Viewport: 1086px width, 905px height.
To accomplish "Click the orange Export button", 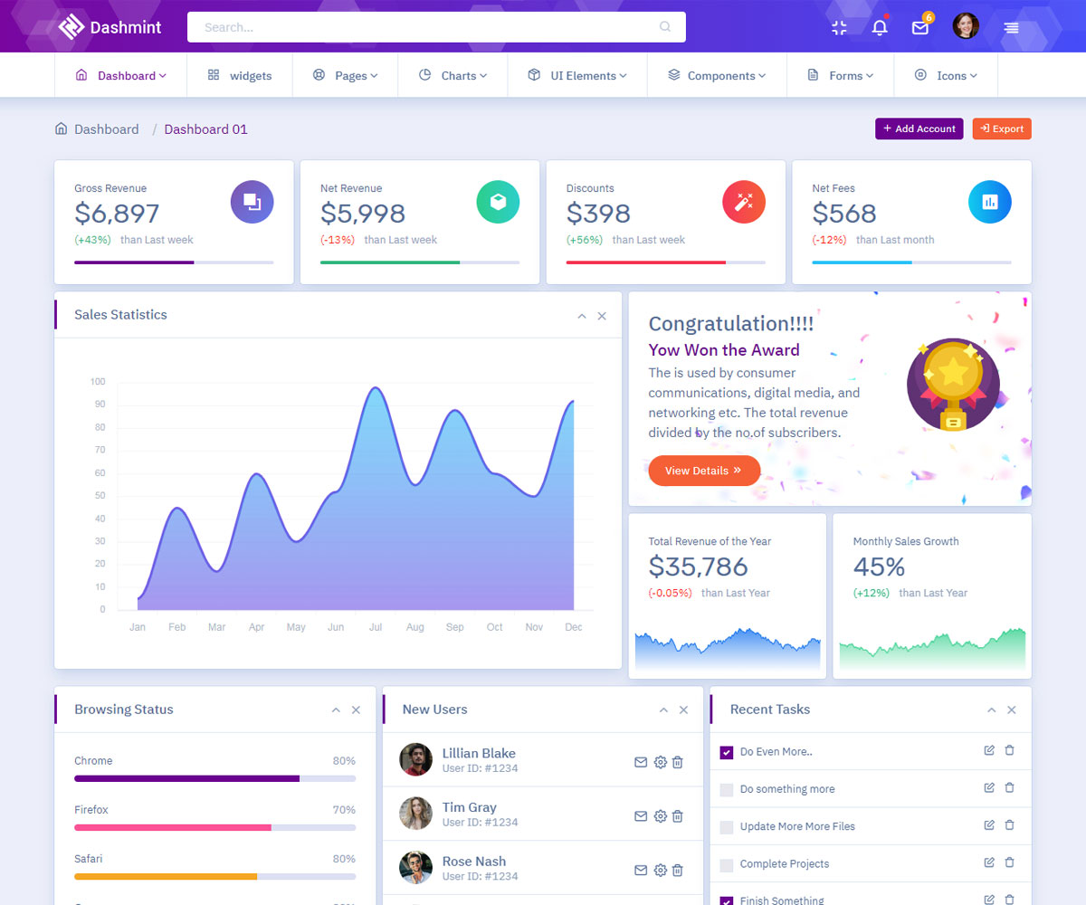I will click(1002, 129).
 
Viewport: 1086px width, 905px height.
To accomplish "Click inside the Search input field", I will click(425, 27).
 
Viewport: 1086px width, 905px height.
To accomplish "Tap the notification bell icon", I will click(879, 28).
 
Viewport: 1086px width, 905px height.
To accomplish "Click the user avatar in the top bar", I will click(966, 26).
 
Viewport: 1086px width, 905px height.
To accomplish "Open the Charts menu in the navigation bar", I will click(452, 76).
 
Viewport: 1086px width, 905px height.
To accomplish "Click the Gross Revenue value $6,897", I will click(117, 214).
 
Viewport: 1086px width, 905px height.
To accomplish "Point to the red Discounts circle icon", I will click(744, 202).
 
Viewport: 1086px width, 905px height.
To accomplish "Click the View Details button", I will click(703, 471).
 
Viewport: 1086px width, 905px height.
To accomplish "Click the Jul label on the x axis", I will click(376, 627).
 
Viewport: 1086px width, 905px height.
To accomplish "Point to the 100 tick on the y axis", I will click(98, 382).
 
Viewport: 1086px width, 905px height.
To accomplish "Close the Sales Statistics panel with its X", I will click(602, 316).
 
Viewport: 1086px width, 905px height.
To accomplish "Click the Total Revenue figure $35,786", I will click(698, 567).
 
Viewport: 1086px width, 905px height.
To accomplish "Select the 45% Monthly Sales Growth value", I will click(879, 567).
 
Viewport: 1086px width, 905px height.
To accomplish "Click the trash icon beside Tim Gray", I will click(678, 816).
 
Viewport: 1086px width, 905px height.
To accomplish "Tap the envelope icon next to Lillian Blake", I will click(641, 762).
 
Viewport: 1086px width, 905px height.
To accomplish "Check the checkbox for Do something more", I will click(726, 790).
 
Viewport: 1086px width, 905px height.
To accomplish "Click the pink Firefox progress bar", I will click(173, 827).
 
